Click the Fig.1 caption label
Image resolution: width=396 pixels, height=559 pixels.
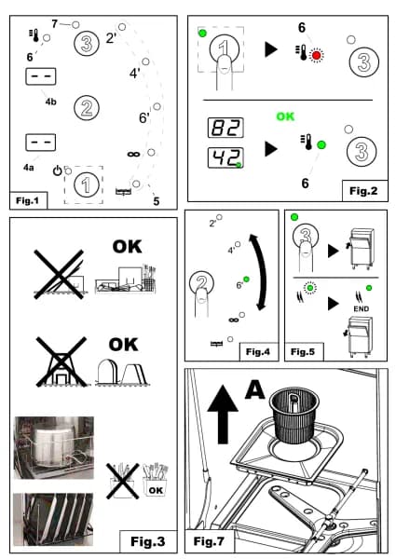pos(27,200)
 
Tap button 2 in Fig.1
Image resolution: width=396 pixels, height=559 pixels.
pos(87,108)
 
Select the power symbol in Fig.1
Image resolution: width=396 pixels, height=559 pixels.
pos(57,170)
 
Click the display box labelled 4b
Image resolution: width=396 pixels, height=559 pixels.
pos(41,76)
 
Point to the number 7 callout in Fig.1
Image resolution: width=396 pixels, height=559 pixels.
pos(54,24)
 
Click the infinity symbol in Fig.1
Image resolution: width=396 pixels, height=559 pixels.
pos(133,154)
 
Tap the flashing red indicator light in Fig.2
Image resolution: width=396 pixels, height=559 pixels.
pos(316,55)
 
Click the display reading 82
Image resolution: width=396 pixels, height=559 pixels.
pos(225,128)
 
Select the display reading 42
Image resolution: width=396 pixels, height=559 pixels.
pos(225,157)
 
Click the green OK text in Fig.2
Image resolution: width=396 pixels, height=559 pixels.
pos(285,116)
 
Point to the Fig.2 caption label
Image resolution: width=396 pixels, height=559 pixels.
pos(364,191)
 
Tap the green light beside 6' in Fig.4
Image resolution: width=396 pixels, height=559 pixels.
pos(246,279)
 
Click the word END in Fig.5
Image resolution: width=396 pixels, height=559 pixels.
pos(362,308)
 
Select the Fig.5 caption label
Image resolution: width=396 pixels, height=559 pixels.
pos(303,352)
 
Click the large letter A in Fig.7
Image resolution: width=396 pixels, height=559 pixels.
pos(254,389)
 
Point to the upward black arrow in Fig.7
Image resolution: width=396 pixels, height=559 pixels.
pos(223,415)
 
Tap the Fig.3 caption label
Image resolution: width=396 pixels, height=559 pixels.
pos(148,541)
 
